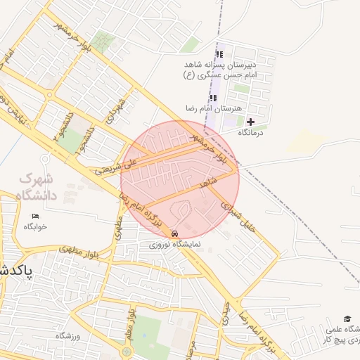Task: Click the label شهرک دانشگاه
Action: pos(41,187)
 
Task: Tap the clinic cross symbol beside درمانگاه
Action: pos(250,122)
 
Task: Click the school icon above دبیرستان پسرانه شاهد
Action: pos(219,55)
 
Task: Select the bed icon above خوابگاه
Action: pos(35,216)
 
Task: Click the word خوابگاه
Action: pos(34,226)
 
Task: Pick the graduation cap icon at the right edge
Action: pos(346,319)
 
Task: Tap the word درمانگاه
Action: pos(250,132)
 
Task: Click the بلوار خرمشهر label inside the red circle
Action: pos(211,150)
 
